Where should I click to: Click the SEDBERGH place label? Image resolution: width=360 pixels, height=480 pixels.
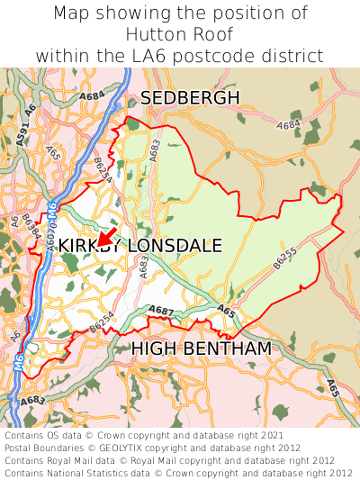[190, 97]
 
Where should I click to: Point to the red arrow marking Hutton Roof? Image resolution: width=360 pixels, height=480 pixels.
[104, 239]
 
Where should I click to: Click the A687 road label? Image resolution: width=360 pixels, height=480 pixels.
[161, 311]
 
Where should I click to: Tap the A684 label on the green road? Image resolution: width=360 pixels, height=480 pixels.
[92, 95]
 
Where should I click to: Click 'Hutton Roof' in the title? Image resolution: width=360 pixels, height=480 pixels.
[180, 34]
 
